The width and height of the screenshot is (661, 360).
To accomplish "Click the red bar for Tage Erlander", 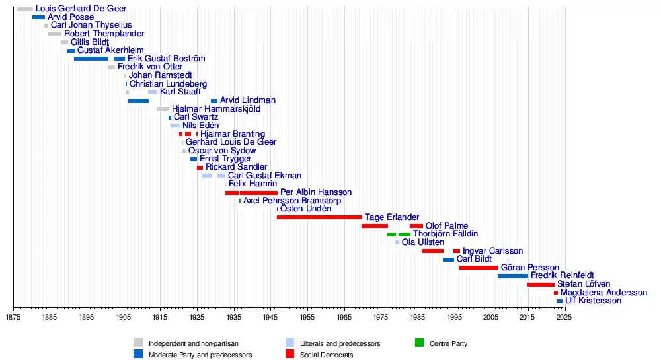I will [319, 217].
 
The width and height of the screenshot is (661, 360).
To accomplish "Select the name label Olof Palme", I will [446, 226].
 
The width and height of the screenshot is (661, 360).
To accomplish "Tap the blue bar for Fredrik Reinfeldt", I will [512, 276].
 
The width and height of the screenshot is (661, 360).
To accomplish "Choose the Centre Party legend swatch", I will [419, 343].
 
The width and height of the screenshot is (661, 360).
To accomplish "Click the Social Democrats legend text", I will [327, 355].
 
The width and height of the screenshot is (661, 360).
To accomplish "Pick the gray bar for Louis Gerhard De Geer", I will [24, 9].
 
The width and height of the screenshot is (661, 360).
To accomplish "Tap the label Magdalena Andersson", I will [603, 293].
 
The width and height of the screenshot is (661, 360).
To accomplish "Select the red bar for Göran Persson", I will [479, 268].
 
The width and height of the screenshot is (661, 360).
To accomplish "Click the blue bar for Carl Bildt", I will [448, 260].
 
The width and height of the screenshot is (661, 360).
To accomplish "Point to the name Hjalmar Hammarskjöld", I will [215, 109].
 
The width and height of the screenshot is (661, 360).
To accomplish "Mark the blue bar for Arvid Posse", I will [38, 17].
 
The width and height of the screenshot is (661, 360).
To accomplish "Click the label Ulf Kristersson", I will [593, 301].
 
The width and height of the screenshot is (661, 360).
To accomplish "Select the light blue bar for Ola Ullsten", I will [397, 242].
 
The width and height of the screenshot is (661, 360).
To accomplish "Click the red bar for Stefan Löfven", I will [541, 285].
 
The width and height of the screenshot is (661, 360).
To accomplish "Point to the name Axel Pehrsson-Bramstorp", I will [292, 201].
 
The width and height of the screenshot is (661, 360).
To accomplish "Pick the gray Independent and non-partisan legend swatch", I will [138, 343].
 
